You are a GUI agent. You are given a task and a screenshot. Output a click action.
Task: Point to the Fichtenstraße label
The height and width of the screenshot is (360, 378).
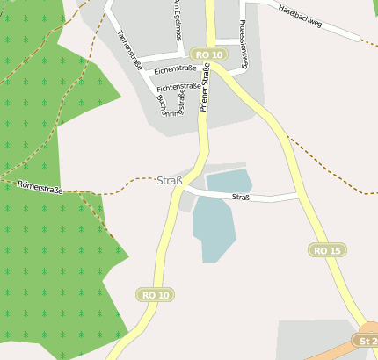tap(178, 87)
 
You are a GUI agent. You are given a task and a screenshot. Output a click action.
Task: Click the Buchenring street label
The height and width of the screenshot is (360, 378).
tap(172, 106)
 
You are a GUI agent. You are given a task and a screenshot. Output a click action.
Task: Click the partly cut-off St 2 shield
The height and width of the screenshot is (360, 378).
tap(367, 340)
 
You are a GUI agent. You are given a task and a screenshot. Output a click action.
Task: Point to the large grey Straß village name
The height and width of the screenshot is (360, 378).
tap(169, 182)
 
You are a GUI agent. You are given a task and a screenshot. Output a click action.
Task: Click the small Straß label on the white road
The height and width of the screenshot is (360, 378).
tap(241, 198)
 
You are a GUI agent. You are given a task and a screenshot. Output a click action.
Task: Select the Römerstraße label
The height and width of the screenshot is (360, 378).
tap(40, 185)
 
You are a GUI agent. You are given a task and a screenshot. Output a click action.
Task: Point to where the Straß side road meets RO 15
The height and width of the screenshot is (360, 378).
tap(299, 194)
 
